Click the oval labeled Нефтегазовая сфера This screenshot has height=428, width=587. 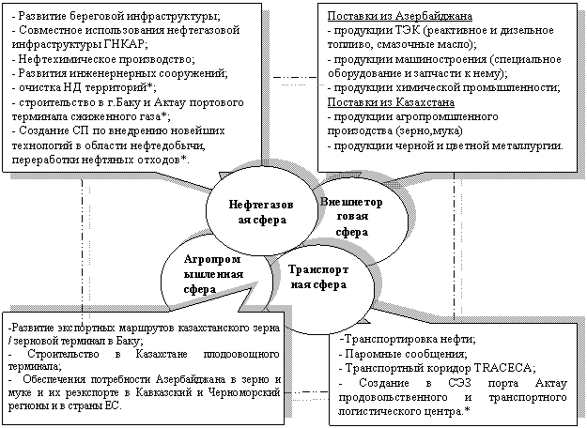tap(261, 212)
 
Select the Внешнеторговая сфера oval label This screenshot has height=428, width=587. tap(351, 217)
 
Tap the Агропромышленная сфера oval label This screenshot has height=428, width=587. tap(212, 274)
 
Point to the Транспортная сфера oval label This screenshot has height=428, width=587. tap(318, 277)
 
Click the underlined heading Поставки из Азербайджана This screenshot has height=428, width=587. tap(399, 16)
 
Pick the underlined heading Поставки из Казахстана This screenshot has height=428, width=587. tap(391, 102)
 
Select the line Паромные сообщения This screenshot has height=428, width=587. tap(402, 354)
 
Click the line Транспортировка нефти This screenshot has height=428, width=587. tap(408, 340)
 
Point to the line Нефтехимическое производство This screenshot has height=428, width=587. tap(103, 59)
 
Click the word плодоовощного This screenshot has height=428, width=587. tap(241, 354)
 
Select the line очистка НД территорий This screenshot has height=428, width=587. tap(84, 88)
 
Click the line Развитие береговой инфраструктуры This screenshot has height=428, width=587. tap(116, 16)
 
